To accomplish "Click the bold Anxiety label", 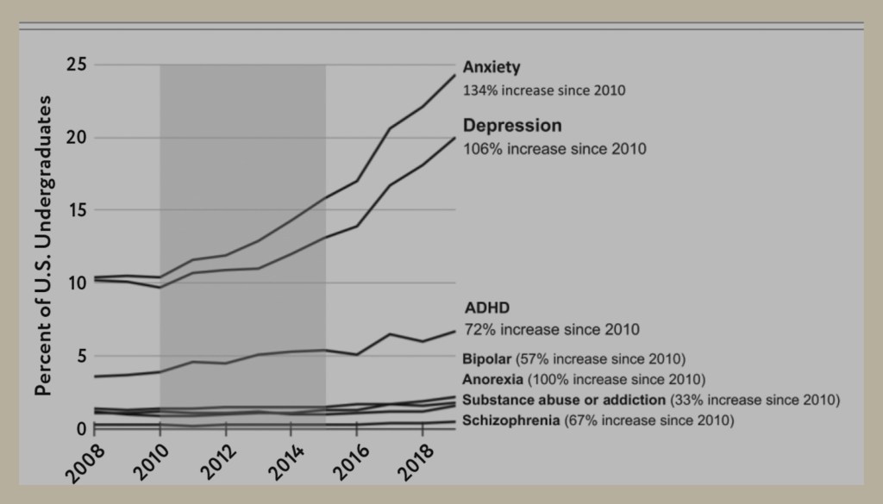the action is pos(491,67).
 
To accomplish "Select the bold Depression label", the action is pos(512,126).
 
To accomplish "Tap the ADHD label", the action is pos(487,308).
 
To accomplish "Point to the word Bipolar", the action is pos(486,359).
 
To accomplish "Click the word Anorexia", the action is pos(492,379).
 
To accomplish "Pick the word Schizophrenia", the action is pos(510,420).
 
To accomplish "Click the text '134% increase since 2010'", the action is pos(544,90).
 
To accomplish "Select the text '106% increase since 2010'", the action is pos(554,149).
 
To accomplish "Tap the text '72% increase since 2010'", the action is pos(552,329).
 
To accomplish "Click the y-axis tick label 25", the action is pos(77,65).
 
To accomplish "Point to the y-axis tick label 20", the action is pos(77,137).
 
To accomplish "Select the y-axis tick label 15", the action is pos(77,210).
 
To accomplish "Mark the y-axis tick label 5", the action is pos(82,356).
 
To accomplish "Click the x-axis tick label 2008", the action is pos(85,463).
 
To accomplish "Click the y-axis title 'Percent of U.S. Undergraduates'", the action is pos(43,246).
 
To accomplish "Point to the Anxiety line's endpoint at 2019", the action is pos(455,75).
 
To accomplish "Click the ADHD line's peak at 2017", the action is pos(390,334).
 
